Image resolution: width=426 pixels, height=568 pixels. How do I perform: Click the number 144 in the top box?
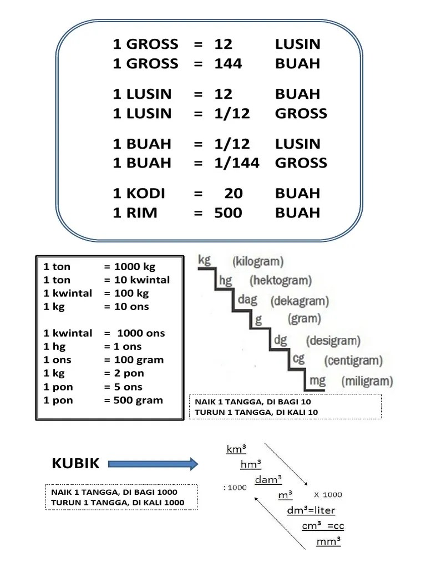tap(228, 64)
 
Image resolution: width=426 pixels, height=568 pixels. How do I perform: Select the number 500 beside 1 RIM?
tap(228, 213)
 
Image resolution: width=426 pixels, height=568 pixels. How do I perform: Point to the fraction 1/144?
tap(237, 163)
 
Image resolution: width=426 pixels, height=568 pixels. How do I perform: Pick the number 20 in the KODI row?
tap(234, 194)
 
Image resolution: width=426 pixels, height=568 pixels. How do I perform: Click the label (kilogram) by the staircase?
tap(258, 261)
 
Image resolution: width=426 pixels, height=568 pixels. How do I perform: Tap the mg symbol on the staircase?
tap(317, 381)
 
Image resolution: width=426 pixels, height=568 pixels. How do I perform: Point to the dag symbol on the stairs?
tap(247, 300)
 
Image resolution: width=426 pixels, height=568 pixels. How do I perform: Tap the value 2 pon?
tap(128, 373)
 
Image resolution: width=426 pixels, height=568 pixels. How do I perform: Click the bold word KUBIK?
tap(75, 464)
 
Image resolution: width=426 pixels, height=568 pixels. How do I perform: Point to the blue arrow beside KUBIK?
tap(153, 464)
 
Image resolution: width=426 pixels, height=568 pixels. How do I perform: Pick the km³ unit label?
tap(236, 449)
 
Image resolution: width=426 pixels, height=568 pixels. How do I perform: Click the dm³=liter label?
tap(311, 510)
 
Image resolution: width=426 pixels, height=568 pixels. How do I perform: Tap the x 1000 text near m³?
tap(328, 494)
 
